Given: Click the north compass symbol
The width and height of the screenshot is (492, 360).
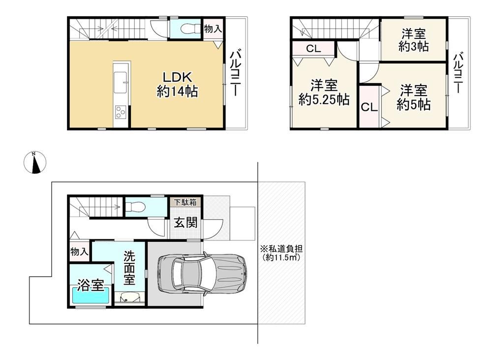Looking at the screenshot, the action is pyautogui.click(x=35, y=163).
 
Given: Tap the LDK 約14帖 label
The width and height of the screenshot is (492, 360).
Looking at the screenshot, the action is pyautogui.click(x=177, y=84).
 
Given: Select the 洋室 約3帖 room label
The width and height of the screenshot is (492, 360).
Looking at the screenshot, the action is pyautogui.click(x=414, y=40).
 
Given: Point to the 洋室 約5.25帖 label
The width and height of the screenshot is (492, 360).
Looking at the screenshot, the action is pyautogui.click(x=324, y=93).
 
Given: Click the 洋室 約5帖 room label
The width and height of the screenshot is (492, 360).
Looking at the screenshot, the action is pyautogui.click(x=413, y=97).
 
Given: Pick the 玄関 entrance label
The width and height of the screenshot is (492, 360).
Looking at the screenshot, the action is pyautogui.click(x=186, y=223).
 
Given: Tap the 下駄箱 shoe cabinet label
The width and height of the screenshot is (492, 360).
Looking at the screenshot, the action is pyautogui.click(x=185, y=202).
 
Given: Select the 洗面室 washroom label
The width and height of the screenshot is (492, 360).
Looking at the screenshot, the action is pyautogui.click(x=129, y=267).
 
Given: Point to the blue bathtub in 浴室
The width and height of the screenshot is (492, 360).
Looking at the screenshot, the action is pyautogui.click(x=91, y=295).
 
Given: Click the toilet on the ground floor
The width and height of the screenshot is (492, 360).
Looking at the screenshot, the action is pyautogui.click(x=135, y=207).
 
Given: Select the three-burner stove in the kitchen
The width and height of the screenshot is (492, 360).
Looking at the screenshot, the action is pyautogui.click(x=121, y=112).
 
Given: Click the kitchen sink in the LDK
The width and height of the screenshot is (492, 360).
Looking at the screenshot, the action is pyautogui.click(x=120, y=82).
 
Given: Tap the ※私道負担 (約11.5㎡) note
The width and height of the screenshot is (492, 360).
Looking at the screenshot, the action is pyautogui.click(x=281, y=253).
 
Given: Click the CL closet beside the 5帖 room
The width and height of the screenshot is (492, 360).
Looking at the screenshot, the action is pyautogui.click(x=369, y=107).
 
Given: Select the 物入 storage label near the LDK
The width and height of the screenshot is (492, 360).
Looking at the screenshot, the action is pyautogui.click(x=213, y=29).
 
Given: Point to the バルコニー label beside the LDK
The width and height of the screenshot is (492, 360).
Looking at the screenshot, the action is pyautogui.click(x=235, y=73).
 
